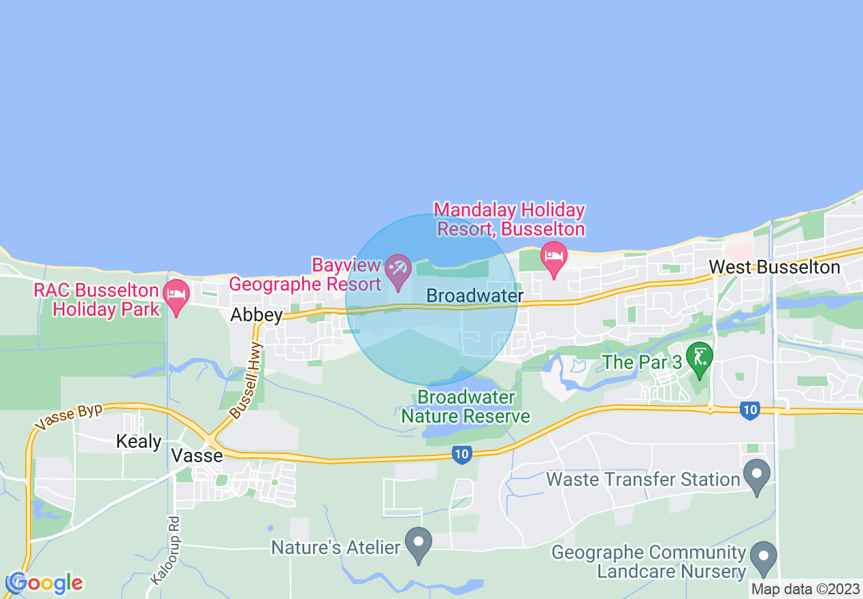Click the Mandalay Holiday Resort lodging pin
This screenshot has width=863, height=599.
[x=554, y=257]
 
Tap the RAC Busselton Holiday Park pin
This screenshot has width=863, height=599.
[x=177, y=297]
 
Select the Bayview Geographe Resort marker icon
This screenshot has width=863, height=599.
[x=397, y=270]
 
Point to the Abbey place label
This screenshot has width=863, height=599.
[x=256, y=314]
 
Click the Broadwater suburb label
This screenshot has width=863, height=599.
[x=475, y=296]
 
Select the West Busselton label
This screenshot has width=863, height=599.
[x=775, y=267]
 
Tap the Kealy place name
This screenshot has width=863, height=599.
[x=139, y=441]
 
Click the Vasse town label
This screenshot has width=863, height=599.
[x=197, y=455]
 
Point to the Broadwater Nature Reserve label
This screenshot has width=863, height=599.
[x=466, y=406]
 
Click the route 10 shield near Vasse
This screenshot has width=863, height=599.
[x=462, y=454]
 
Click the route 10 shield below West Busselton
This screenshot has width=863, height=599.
[x=749, y=410]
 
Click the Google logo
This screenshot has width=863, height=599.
[x=45, y=583]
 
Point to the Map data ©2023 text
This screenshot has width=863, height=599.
[x=805, y=589]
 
